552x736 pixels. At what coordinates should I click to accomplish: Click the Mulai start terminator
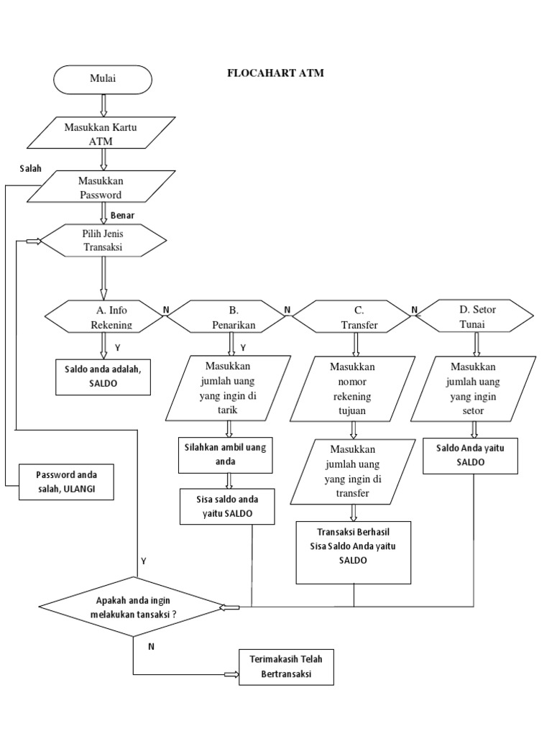102,79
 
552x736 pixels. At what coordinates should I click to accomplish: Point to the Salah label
31,168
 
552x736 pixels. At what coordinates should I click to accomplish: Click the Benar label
122,215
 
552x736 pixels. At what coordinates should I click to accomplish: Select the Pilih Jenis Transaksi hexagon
103,241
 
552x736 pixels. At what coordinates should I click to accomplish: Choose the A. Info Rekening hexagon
106,317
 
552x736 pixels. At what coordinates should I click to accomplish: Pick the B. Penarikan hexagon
229,317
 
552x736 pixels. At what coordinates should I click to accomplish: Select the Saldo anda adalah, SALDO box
103,376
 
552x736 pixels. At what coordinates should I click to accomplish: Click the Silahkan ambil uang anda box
226,454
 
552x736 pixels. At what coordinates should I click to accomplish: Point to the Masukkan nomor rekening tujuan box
353,388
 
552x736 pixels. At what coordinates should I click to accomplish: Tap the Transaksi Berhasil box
354,551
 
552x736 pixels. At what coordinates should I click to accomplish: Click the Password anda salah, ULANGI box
66,482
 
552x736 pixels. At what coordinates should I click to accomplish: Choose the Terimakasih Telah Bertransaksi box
286,668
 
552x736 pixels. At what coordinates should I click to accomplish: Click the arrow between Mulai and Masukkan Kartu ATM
103,105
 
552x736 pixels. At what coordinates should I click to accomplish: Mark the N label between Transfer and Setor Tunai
414,310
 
